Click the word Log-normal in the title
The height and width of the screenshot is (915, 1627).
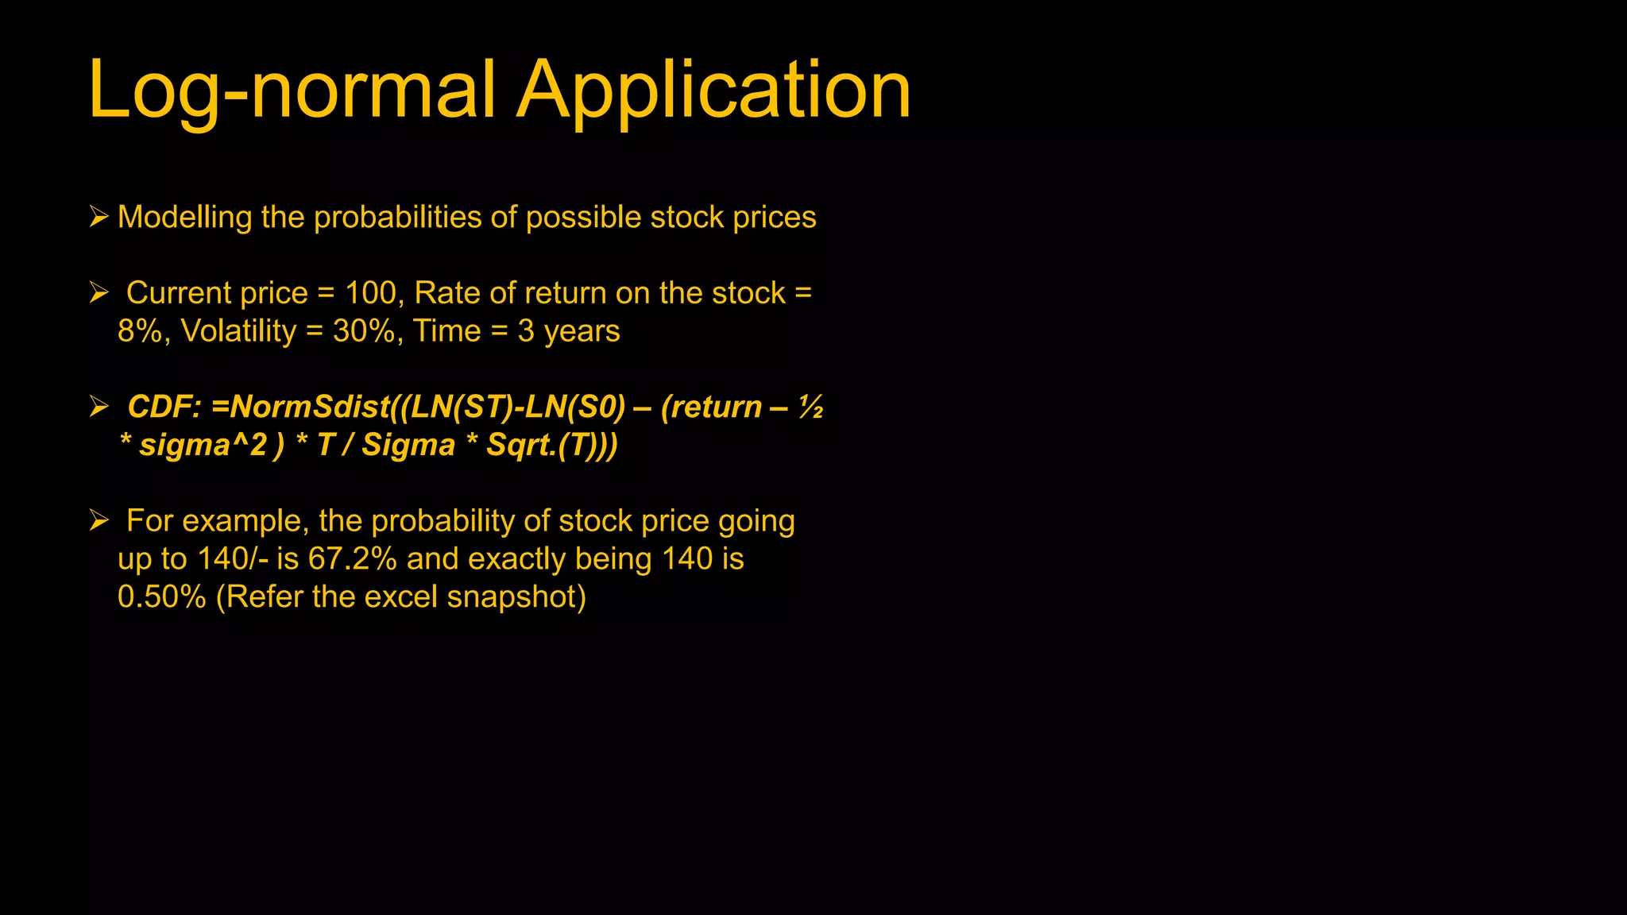pyautogui.click(x=292, y=90)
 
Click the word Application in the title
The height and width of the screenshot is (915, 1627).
pyautogui.click(x=713, y=90)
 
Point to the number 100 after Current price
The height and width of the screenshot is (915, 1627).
pyautogui.click(x=370, y=293)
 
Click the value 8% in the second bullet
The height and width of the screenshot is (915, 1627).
pyautogui.click(x=141, y=331)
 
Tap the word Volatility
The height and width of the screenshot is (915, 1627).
pyautogui.click(x=238, y=331)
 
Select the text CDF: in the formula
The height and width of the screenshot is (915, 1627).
pyautogui.click(x=164, y=407)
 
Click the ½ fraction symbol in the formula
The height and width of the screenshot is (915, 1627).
pyautogui.click(x=810, y=407)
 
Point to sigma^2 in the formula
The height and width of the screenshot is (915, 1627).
pyautogui.click(x=203, y=445)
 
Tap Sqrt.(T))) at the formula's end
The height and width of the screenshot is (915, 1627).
pyautogui.click(x=551, y=445)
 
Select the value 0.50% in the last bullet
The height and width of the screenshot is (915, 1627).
pyautogui.click(x=161, y=597)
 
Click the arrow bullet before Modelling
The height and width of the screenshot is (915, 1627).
pyautogui.click(x=99, y=216)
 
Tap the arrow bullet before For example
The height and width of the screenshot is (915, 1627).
pyautogui.click(x=99, y=520)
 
